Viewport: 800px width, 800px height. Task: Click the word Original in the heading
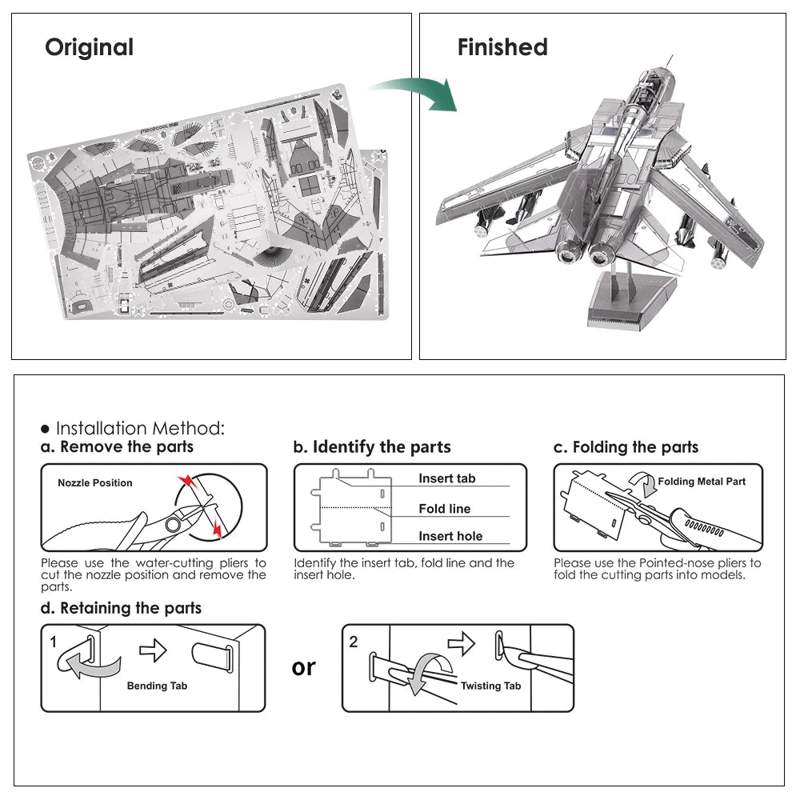coord(89,48)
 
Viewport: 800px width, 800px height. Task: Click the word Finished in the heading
coord(502,48)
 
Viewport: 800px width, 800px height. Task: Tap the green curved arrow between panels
coord(416,92)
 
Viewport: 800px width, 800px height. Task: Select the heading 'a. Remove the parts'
coord(118,447)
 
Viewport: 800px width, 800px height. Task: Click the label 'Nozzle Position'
coord(95,483)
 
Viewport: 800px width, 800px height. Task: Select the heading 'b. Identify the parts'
coord(372,447)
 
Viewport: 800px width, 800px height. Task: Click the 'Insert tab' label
coord(446,478)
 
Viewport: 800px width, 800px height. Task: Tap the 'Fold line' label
coord(444,509)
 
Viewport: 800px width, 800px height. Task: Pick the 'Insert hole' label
coord(450,537)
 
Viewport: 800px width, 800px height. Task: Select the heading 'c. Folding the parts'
coord(626,447)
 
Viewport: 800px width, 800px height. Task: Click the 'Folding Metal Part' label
coord(702,482)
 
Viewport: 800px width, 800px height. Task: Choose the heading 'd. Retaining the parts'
coord(122,608)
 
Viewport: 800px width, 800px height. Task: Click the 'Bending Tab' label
coord(157,686)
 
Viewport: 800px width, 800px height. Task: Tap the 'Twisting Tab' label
coord(490,686)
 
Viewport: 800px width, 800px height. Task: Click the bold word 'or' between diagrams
coord(304,666)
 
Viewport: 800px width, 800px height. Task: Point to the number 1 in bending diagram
coord(54,642)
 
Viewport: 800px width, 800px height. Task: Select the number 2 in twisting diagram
coord(354,642)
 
